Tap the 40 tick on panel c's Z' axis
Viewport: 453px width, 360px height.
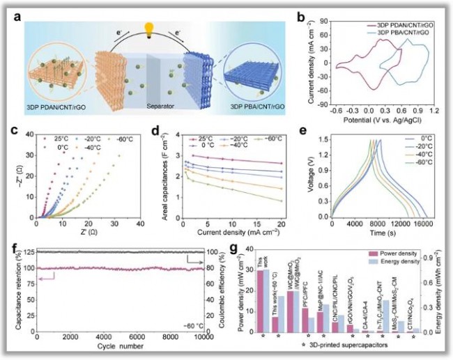[x=139, y=221]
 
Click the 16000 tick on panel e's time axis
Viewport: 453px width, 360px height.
[x=424, y=221]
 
